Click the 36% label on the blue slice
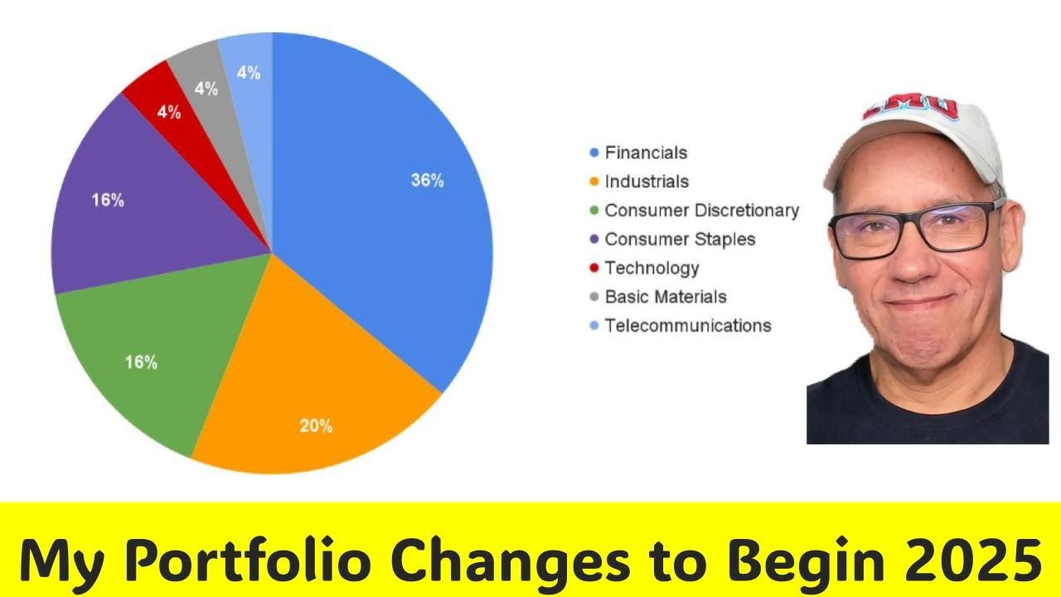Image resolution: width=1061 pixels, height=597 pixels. [x=427, y=180]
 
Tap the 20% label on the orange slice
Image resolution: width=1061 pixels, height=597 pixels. [x=316, y=426]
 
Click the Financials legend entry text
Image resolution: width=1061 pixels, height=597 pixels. [x=646, y=153]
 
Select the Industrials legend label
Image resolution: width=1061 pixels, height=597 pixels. [x=647, y=182]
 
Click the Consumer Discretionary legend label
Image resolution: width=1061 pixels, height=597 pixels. [x=701, y=211]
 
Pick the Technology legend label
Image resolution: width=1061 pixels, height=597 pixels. [x=652, y=268]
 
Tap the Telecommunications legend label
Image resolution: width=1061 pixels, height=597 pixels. [x=688, y=325]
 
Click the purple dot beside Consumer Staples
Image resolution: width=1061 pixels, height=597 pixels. [x=593, y=240]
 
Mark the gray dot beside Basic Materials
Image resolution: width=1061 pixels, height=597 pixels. [x=593, y=297]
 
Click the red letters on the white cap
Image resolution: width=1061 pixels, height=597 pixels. [x=910, y=107]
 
